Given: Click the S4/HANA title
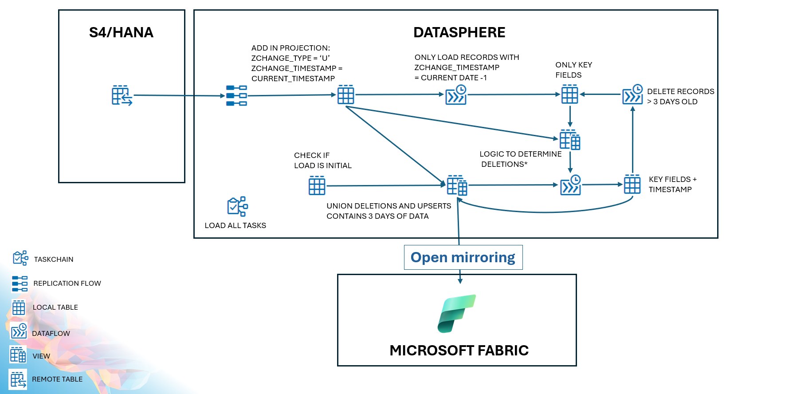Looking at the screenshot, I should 121,32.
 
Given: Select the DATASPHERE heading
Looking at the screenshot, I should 459,32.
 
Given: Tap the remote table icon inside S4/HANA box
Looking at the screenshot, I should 122,95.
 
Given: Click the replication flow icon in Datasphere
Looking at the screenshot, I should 236,95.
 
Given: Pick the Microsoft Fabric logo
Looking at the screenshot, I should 456,314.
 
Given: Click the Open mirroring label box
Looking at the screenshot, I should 463,257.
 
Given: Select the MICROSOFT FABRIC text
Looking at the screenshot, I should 459,351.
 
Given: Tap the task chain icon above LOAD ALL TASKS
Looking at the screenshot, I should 237,206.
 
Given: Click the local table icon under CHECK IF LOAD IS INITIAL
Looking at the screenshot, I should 317,185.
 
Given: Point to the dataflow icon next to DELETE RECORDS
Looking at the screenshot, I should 632,95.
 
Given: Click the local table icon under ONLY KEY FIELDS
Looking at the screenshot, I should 569,95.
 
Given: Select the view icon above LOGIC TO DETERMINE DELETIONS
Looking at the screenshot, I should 570,140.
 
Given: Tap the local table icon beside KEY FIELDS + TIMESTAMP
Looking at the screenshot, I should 632,184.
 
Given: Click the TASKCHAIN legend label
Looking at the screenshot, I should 54,260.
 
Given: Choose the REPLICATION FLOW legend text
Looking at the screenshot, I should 67,284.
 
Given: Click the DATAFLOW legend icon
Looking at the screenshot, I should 19,331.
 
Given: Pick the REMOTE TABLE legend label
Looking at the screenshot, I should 57,379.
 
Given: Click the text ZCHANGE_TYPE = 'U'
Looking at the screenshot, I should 290,58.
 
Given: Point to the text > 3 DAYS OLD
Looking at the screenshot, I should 672,102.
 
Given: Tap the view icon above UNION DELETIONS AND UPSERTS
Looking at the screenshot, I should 457,185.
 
